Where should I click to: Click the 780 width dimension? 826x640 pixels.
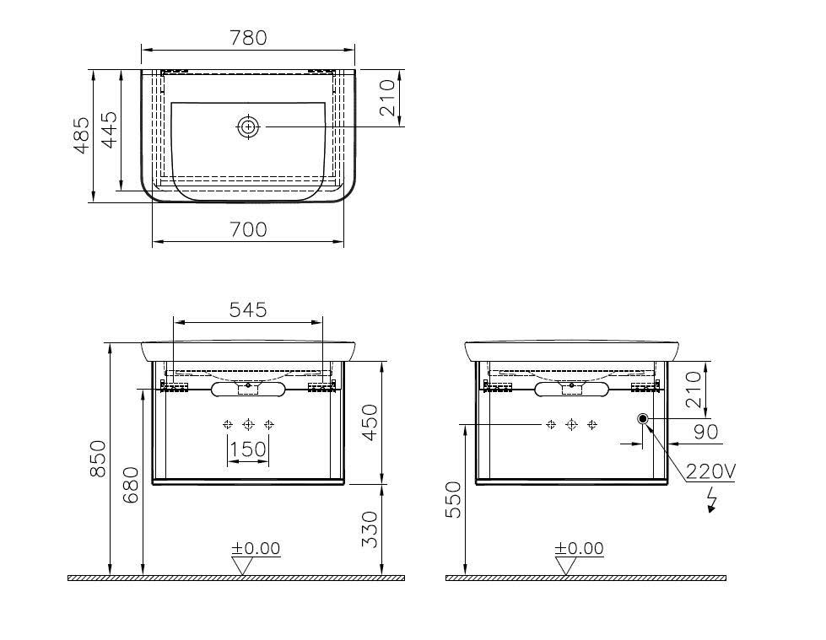[x=248, y=38]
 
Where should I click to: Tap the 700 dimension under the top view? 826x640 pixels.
[x=248, y=229]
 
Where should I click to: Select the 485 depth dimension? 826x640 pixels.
[x=81, y=135]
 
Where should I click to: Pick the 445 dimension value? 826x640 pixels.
[x=109, y=130]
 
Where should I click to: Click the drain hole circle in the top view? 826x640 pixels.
[x=248, y=126]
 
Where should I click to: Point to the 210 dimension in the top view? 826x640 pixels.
[x=387, y=97]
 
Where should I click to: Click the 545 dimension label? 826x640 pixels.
[x=248, y=310]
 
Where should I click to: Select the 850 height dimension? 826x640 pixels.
[x=98, y=459]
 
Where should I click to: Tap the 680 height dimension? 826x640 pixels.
[x=131, y=485]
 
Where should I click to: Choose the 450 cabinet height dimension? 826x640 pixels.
[x=370, y=422]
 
